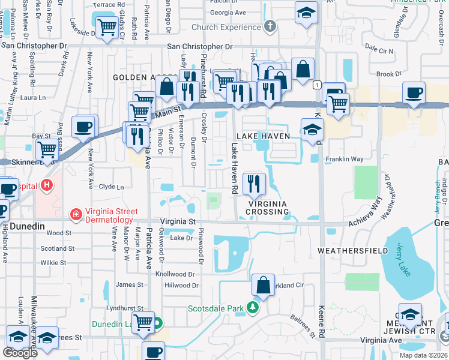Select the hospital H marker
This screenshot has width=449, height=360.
(x=48, y=186)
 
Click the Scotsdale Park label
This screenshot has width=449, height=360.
(x=215, y=308)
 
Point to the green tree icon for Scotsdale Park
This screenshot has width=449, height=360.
(x=253, y=308)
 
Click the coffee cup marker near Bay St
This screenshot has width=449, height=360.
(x=85, y=127)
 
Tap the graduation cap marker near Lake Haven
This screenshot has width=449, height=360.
(x=312, y=130)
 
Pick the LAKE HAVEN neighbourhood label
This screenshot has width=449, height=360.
(x=263, y=136)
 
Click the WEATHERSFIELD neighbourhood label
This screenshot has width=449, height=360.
(x=349, y=250)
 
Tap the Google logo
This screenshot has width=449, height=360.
(x=20, y=353)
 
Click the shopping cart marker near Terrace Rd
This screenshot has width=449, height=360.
(x=107, y=26)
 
